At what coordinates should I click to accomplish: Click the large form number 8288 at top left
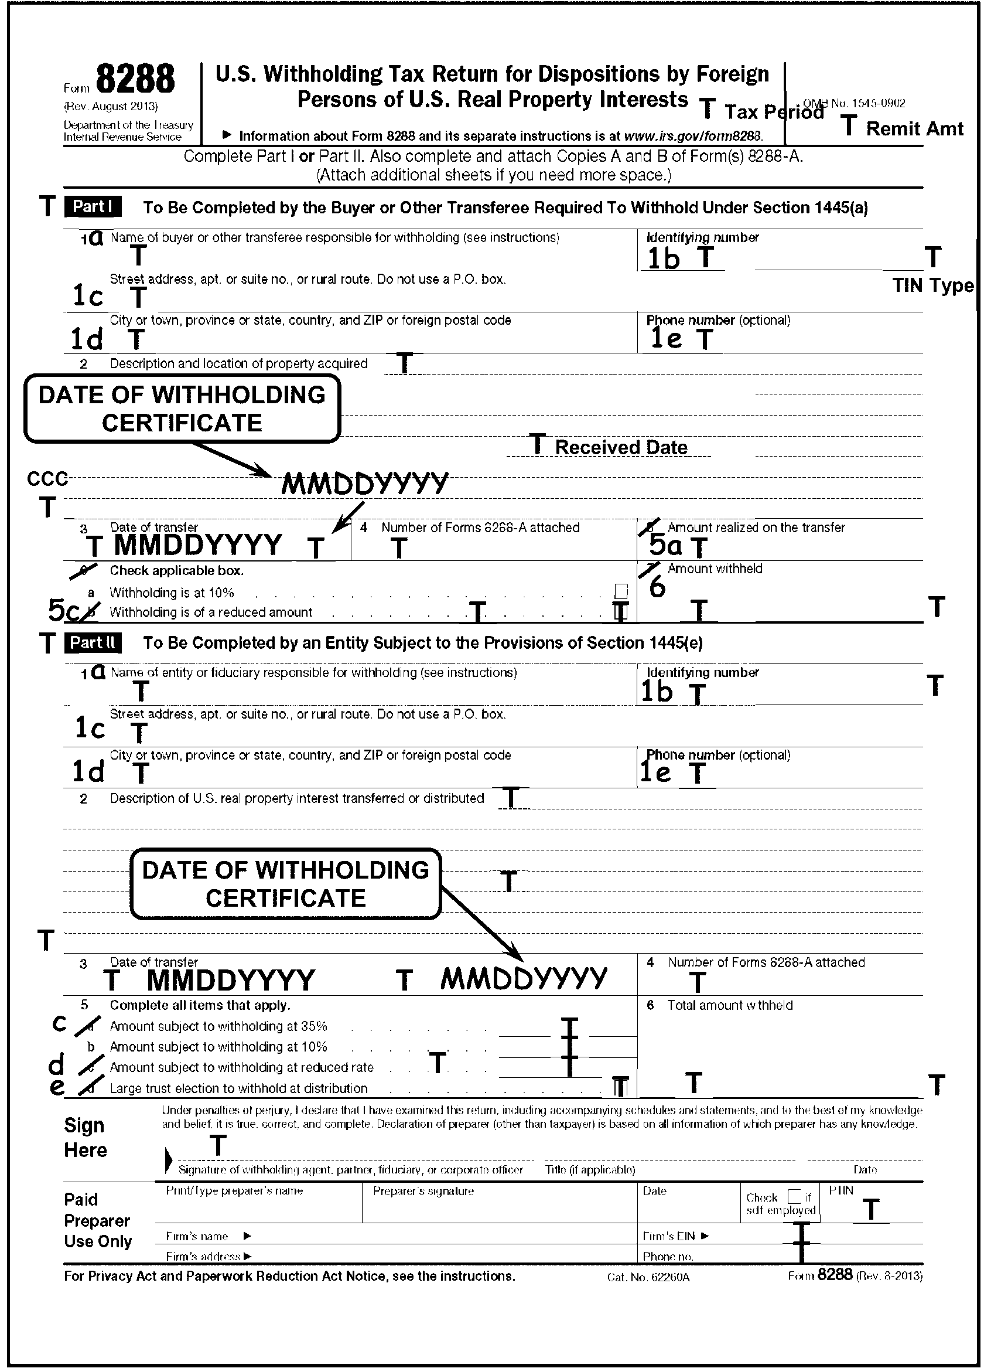point(135,80)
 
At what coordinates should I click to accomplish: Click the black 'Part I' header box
point(93,207)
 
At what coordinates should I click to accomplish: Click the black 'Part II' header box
point(93,642)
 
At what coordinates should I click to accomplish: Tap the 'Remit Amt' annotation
point(914,128)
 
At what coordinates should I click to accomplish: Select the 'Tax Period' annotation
point(774,112)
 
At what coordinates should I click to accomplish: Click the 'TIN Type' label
point(932,285)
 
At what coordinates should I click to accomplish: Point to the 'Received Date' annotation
point(620,447)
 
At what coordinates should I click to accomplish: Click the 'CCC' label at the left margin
point(46,479)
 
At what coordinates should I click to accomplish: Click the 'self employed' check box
point(795,1196)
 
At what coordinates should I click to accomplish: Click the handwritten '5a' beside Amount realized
point(665,546)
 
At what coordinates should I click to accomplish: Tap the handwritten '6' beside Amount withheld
point(657,587)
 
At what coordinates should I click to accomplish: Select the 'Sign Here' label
point(85,1138)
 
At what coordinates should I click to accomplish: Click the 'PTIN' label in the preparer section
point(840,1190)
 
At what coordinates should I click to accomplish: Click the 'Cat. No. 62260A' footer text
point(648,1277)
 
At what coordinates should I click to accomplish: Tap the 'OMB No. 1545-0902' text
point(855,104)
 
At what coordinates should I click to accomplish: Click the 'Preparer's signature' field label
point(423,1191)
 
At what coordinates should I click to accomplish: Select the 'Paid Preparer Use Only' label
point(97,1220)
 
